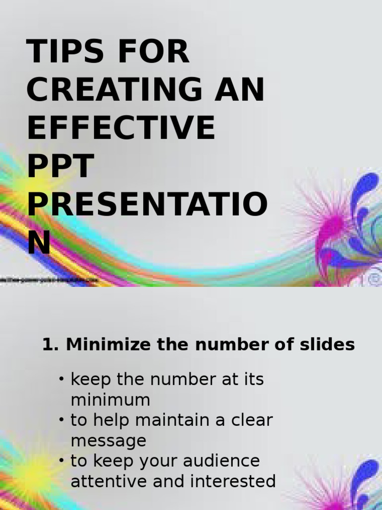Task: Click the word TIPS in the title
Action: click(x=63, y=51)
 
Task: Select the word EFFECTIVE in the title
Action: click(x=121, y=127)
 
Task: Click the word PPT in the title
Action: click(x=61, y=166)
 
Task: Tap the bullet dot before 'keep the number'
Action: click(x=62, y=380)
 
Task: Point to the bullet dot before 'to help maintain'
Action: click(x=62, y=420)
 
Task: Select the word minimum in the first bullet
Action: click(x=110, y=400)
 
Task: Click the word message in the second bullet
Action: click(x=108, y=441)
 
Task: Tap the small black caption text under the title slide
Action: click(x=50, y=280)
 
